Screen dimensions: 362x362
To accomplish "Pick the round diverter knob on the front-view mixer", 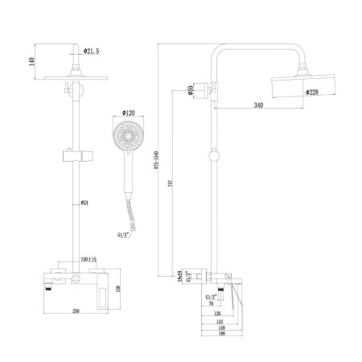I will point(72,277).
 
